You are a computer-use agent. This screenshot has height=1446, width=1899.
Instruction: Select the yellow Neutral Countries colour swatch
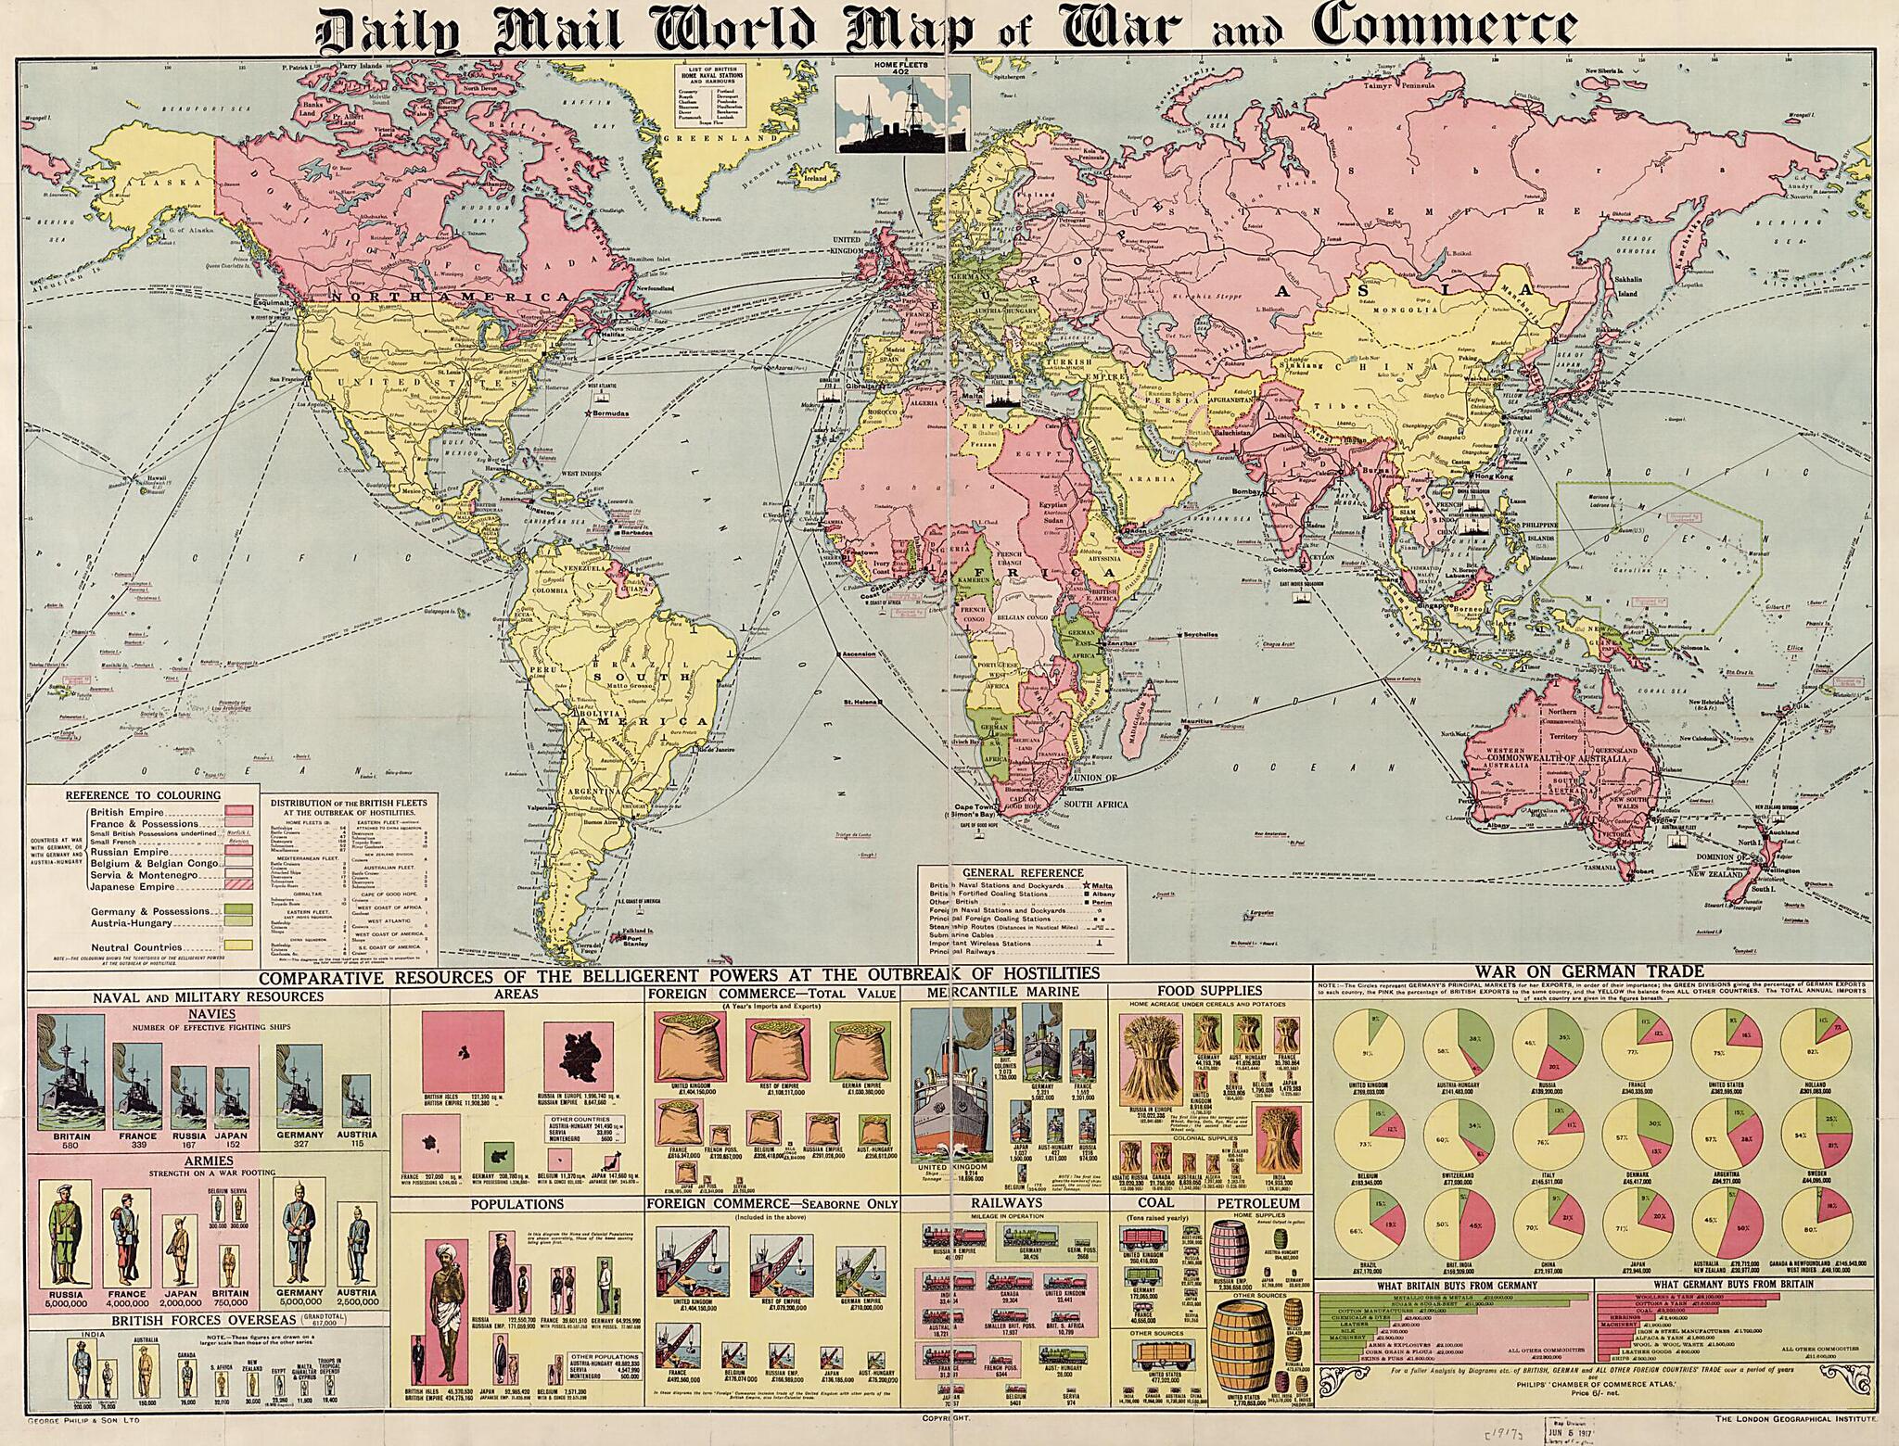click(x=239, y=947)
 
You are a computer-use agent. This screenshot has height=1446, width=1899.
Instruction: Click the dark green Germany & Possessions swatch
click(x=239, y=911)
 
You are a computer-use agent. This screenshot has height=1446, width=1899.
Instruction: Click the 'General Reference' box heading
click(x=1023, y=872)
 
